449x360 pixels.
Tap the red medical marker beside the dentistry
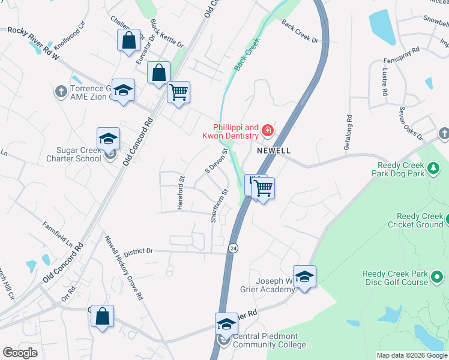[267, 130]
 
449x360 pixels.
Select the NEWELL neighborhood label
[274, 151]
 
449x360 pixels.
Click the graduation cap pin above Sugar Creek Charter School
[109, 139]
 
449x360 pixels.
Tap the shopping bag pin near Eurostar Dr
[129, 41]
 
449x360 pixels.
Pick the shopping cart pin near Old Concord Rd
[178, 92]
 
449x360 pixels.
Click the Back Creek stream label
[246, 55]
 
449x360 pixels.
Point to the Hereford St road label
[180, 192]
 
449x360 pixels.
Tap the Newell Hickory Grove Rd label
[124, 267]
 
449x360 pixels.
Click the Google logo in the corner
[20, 353]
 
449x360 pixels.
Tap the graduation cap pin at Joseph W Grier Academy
[304, 277]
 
